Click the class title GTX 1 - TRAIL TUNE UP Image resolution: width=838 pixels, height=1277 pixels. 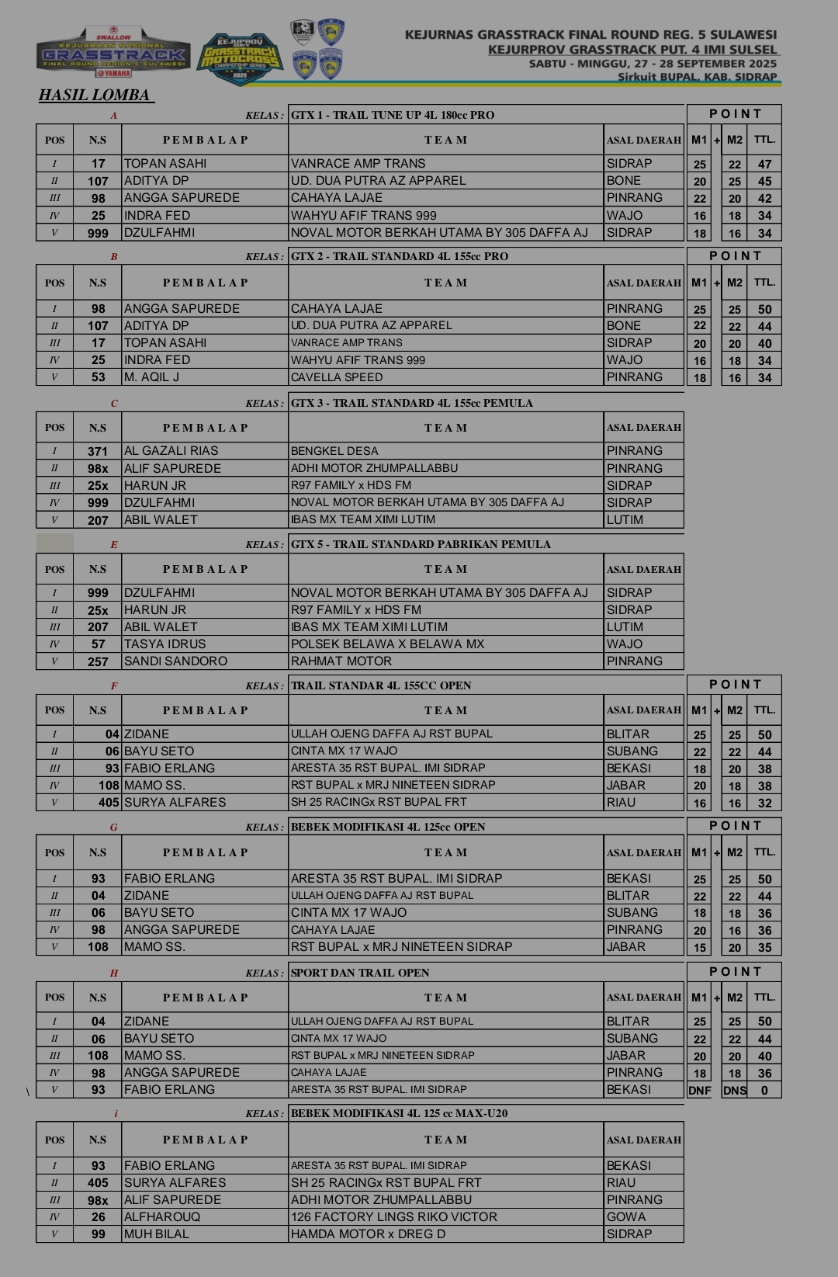pyautogui.click(x=393, y=115)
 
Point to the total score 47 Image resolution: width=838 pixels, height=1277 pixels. pyautogui.click(x=764, y=165)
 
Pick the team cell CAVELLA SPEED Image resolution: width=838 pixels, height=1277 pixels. pyautogui.click(x=337, y=377)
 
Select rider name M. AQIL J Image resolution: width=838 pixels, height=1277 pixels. pyautogui.click(x=152, y=377)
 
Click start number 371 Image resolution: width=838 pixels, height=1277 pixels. pyautogui.click(x=98, y=451)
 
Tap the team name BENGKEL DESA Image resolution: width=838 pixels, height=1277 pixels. pyautogui.click(x=334, y=451)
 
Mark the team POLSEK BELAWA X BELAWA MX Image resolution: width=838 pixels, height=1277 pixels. pyautogui.click(x=387, y=644)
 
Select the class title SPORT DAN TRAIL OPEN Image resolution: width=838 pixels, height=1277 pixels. pyautogui.click(x=360, y=973)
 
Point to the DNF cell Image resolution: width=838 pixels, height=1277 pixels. pyautogui.click(x=699, y=1090)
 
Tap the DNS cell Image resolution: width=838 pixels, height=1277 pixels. pyautogui.click(x=734, y=1090)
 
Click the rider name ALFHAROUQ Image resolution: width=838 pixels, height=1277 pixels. pyautogui.click(x=162, y=1217)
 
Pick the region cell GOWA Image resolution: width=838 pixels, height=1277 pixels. pyautogui.click(x=626, y=1217)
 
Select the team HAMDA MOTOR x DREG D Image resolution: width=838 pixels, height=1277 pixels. pyautogui.click(x=368, y=1234)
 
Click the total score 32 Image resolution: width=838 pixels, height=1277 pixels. pyautogui.click(x=764, y=803)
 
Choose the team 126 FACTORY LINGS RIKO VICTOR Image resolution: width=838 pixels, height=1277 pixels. pyautogui.click(x=393, y=1217)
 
